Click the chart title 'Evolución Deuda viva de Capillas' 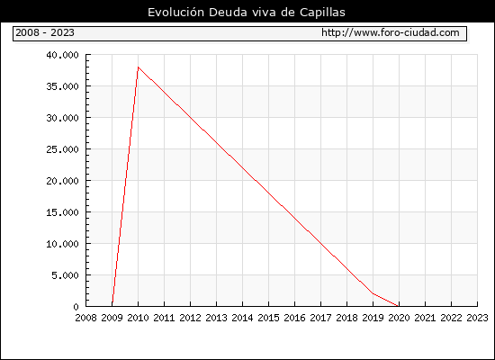(x=247, y=13)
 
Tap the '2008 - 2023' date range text (x=45, y=32)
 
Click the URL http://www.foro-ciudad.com (x=391, y=32)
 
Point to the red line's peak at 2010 (x=139, y=67)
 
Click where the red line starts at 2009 (x=112, y=302)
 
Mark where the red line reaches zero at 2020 (x=398, y=306)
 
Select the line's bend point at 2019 (x=373, y=293)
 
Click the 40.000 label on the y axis (x=62, y=55)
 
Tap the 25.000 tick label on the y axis (x=62, y=149)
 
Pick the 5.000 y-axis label (x=66, y=275)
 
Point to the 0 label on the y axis (x=76, y=307)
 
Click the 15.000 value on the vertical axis (x=62, y=212)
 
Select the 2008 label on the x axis (x=85, y=318)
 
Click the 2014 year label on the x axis (x=242, y=318)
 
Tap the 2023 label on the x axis (x=477, y=318)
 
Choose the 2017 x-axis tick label (x=320, y=318)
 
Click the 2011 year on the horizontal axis (x=164, y=318)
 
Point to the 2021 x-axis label (x=425, y=318)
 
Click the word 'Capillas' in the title (x=322, y=13)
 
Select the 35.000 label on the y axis (x=62, y=86)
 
